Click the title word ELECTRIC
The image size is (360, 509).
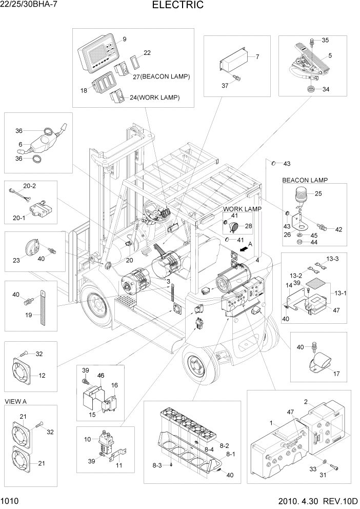178,6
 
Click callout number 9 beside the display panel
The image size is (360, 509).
124,40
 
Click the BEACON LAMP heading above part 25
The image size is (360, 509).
305,180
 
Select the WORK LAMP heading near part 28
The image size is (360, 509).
242,209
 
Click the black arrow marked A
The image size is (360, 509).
246,247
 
